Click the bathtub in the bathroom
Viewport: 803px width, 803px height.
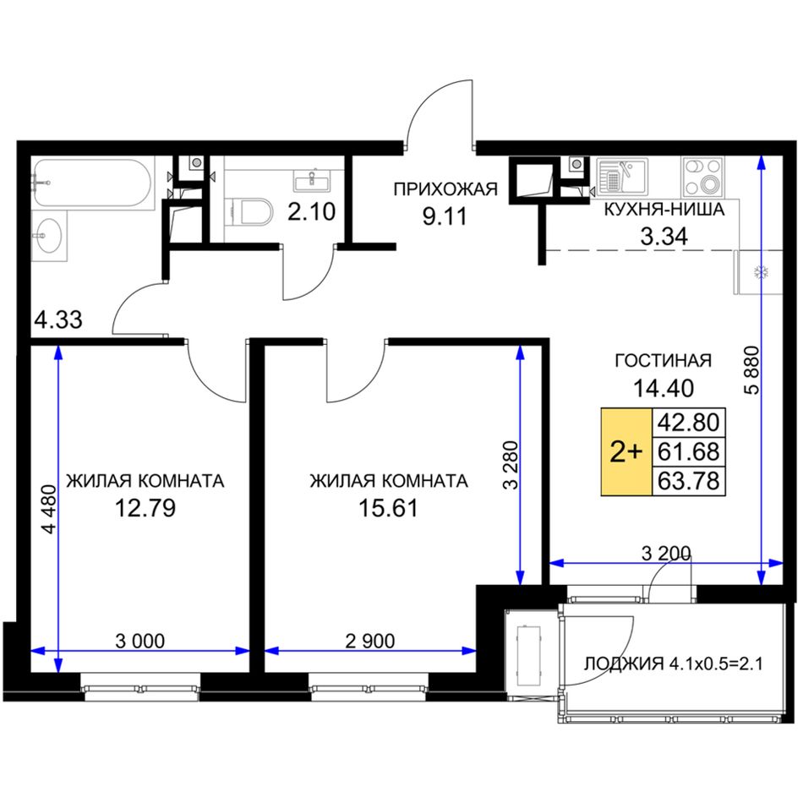tap(93, 183)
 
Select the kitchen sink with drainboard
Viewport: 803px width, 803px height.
tap(622, 177)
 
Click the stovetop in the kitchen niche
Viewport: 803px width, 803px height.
tap(703, 177)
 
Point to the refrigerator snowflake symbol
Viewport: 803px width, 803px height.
tap(758, 272)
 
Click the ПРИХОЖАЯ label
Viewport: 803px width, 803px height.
tap(445, 189)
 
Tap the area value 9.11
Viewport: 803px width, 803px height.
tap(445, 216)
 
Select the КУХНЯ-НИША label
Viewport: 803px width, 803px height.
tap(664, 210)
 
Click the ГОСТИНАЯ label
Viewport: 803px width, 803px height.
tap(664, 361)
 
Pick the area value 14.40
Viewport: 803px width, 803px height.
tap(664, 388)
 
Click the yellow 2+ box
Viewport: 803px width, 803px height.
tap(625, 451)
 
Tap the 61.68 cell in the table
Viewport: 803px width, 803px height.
tap(688, 451)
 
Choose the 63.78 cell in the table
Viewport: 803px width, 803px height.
tap(688, 481)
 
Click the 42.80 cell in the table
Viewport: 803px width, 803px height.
tap(688, 423)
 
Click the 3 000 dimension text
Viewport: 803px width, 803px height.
tap(139, 641)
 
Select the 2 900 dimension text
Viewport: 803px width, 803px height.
tap(370, 641)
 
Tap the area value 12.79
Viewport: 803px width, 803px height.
tap(145, 508)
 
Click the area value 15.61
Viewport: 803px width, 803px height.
tap(388, 508)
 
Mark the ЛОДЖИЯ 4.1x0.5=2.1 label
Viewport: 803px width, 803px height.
tap(674, 664)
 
